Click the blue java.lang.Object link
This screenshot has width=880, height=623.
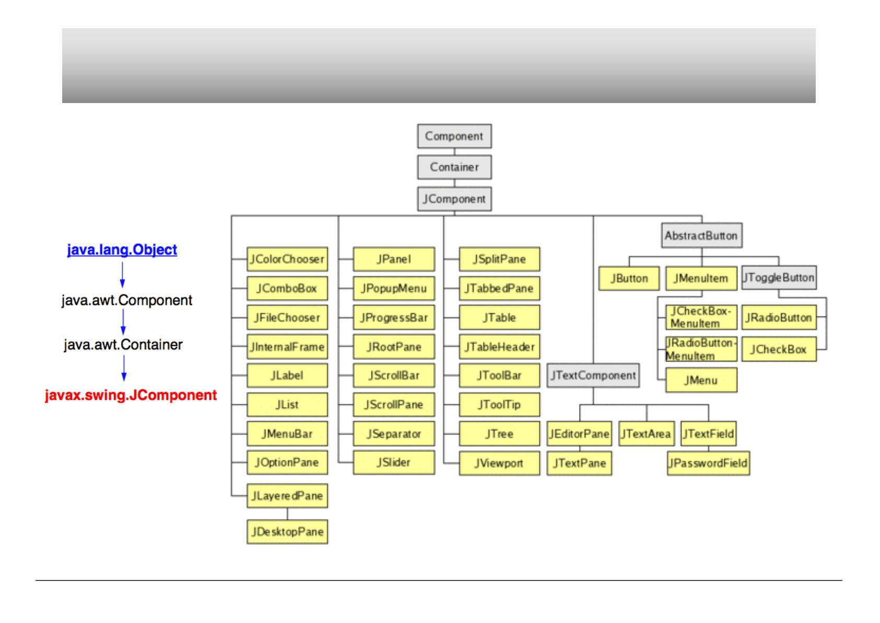[122, 250]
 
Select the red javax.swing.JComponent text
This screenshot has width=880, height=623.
[131, 395]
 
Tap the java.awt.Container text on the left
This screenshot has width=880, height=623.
[123, 345]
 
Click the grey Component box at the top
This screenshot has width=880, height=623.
[454, 136]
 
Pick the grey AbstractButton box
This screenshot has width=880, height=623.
[701, 235]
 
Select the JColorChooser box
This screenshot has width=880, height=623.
[287, 259]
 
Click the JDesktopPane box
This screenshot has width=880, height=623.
[287, 531]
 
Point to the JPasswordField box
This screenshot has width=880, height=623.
[708, 463]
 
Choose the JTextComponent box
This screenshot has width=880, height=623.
[593, 375]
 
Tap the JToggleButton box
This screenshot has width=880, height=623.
[779, 277]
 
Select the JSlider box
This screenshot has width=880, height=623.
[393, 462]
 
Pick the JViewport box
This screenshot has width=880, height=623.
[499, 463]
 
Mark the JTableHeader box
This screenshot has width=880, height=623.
[499, 347]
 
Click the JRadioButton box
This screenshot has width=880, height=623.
[778, 318]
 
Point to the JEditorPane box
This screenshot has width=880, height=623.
[579, 434]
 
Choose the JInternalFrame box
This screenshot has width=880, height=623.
[287, 347]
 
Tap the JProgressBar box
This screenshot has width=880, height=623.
[393, 318]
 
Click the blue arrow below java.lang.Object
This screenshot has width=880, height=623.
[122, 274]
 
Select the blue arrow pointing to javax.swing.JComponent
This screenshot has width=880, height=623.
[124, 368]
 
